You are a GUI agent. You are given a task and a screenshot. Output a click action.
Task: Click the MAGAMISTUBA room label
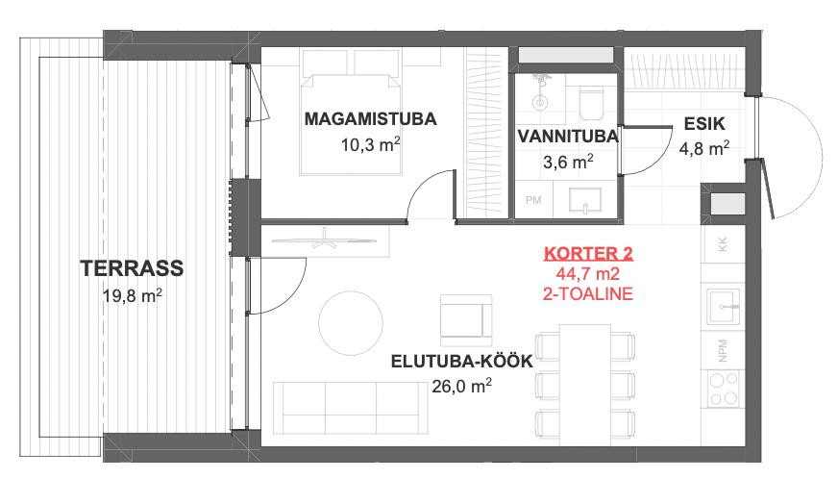click(x=370, y=119)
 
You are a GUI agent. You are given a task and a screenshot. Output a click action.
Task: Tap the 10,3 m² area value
click(x=370, y=144)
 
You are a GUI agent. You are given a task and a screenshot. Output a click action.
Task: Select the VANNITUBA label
click(x=568, y=137)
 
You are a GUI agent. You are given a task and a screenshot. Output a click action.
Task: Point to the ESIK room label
click(x=704, y=124)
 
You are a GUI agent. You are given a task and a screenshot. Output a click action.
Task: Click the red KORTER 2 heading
click(x=588, y=253)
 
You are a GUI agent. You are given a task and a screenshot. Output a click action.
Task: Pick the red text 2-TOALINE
click(x=588, y=293)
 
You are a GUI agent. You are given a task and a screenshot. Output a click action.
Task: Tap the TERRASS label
click(x=132, y=268)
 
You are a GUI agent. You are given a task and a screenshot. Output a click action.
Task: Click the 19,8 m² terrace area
click(x=133, y=295)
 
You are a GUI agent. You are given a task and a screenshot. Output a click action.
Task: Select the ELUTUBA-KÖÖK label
click(x=461, y=362)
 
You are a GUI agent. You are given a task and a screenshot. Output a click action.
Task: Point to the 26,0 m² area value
click(x=461, y=386)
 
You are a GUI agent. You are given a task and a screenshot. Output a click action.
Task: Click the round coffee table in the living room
click(x=351, y=323)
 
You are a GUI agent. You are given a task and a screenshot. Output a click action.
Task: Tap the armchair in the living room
click(x=466, y=320)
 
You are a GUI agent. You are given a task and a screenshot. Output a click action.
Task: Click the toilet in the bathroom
click(x=591, y=103)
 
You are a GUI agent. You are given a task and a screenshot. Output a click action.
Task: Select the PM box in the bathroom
click(x=533, y=200)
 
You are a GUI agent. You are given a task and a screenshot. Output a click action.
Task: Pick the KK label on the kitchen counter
click(x=723, y=244)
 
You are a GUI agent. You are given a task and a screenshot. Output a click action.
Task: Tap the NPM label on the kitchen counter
click(x=723, y=350)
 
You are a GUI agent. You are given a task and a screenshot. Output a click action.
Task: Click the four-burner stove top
click(x=723, y=389)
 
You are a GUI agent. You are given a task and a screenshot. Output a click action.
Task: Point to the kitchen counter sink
click(x=723, y=307)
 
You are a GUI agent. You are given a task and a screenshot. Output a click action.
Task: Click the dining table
click(x=584, y=385)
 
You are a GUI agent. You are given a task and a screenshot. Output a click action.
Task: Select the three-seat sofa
click(x=351, y=408)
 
